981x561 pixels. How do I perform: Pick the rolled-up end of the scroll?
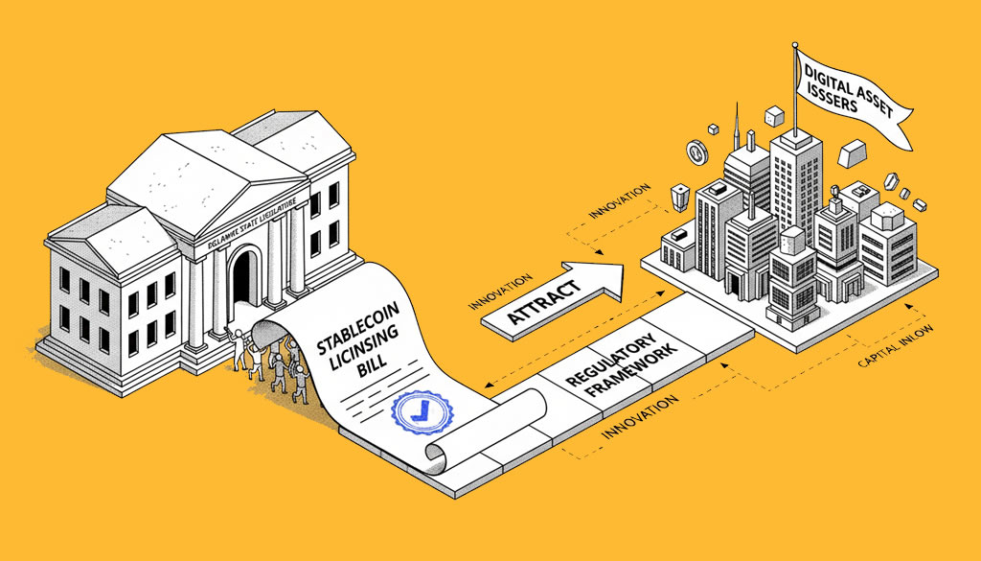[440, 454]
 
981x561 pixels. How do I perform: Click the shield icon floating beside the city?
[678, 196]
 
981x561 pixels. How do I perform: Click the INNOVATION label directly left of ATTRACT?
[500, 292]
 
